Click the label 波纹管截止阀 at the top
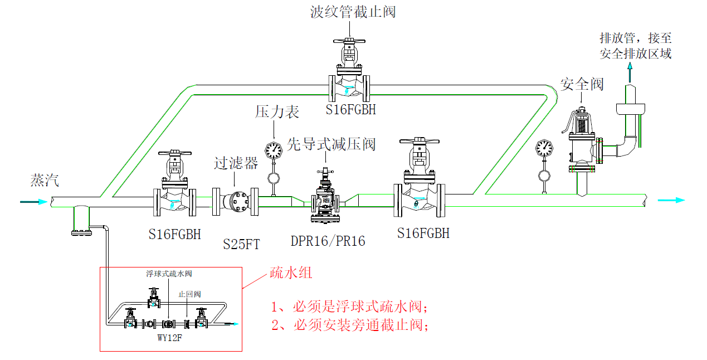pos(353,12)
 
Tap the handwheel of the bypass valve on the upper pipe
pos(349,41)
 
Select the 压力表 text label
pos(277,111)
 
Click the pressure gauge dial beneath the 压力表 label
pos(274,150)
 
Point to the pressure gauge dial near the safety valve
pos(543,148)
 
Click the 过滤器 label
pos(236,163)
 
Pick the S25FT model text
pos(241,244)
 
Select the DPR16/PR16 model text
pos(328,241)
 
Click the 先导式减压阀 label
pos(331,144)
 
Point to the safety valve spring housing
pos(581,124)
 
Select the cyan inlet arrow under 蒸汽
pos(34,202)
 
